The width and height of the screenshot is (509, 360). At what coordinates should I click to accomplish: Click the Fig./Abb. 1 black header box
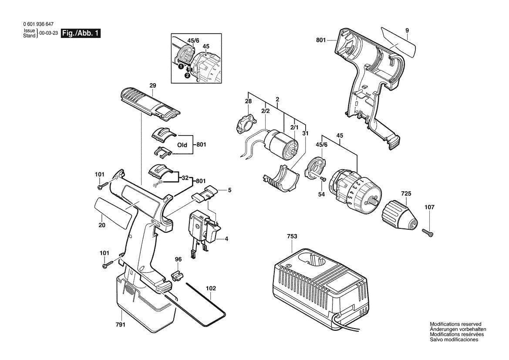(81, 34)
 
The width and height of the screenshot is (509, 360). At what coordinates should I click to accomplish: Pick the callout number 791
(121, 325)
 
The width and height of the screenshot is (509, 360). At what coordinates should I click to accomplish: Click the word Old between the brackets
(182, 145)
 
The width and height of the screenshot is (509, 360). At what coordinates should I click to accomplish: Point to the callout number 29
(152, 85)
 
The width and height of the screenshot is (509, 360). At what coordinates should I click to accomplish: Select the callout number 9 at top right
(407, 31)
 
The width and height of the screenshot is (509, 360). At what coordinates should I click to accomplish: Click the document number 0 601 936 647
(40, 25)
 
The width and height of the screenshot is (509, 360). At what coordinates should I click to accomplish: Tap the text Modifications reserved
(455, 324)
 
